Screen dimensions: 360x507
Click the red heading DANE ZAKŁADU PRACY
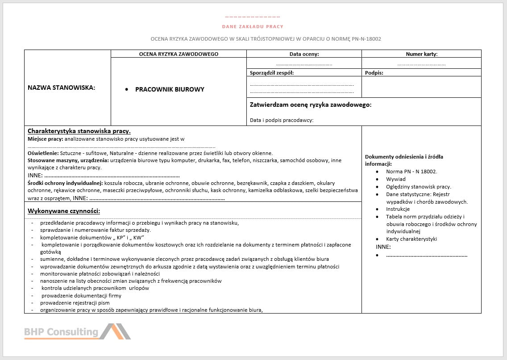(253, 27)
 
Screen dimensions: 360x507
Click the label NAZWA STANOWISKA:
(62, 88)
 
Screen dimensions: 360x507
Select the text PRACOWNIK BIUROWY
(170, 89)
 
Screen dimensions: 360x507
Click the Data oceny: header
(304, 54)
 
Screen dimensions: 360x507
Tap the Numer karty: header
(421, 54)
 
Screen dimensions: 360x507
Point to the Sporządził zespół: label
(272, 72)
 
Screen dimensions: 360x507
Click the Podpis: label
(374, 72)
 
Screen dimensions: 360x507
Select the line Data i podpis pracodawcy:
(282, 120)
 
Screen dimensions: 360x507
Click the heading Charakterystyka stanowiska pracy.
(79, 131)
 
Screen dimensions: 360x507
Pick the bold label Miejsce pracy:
(45, 139)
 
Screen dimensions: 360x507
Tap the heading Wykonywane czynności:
(64, 211)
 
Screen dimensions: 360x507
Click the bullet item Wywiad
(396, 179)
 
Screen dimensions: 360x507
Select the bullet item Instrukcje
(398, 209)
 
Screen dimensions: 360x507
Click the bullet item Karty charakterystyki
(411, 239)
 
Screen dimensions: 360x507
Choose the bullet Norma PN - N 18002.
(411, 172)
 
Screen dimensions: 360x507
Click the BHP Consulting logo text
(61, 332)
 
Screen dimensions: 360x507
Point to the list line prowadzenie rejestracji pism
(75, 302)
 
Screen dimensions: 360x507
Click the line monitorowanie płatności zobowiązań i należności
(100, 274)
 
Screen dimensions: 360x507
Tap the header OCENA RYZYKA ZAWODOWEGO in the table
(179, 54)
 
